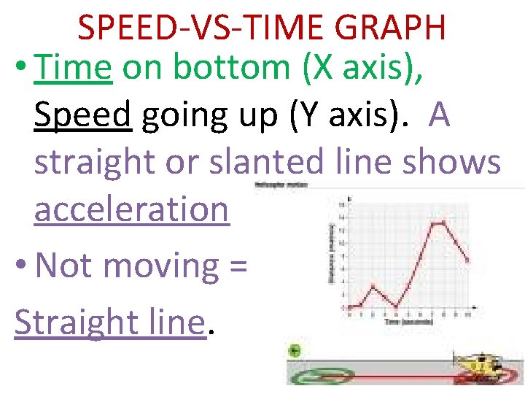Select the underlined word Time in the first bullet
(x=72, y=69)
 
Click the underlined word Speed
(x=82, y=115)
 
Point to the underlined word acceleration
(x=131, y=209)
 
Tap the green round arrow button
(x=294, y=351)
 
